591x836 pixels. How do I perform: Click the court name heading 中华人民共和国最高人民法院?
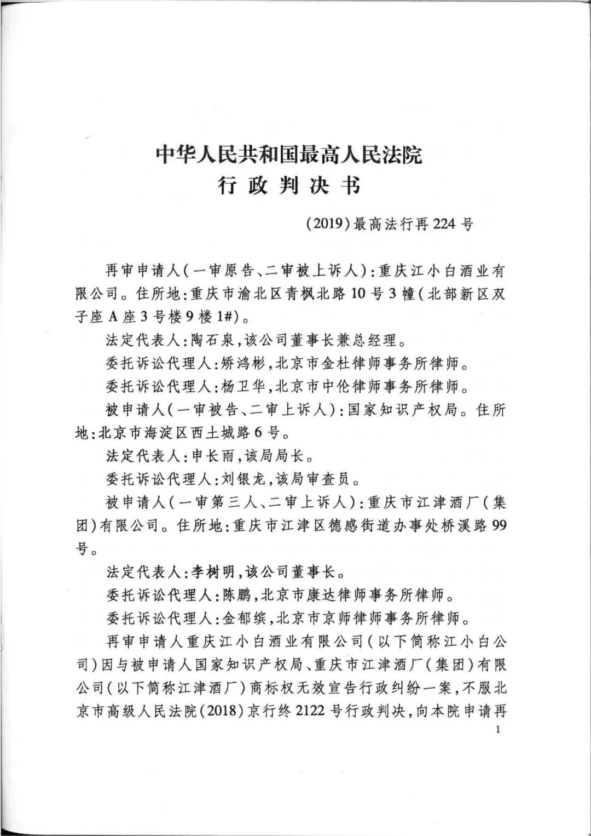point(289,155)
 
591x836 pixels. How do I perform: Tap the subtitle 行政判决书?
point(289,186)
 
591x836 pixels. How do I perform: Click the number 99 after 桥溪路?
point(499,526)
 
